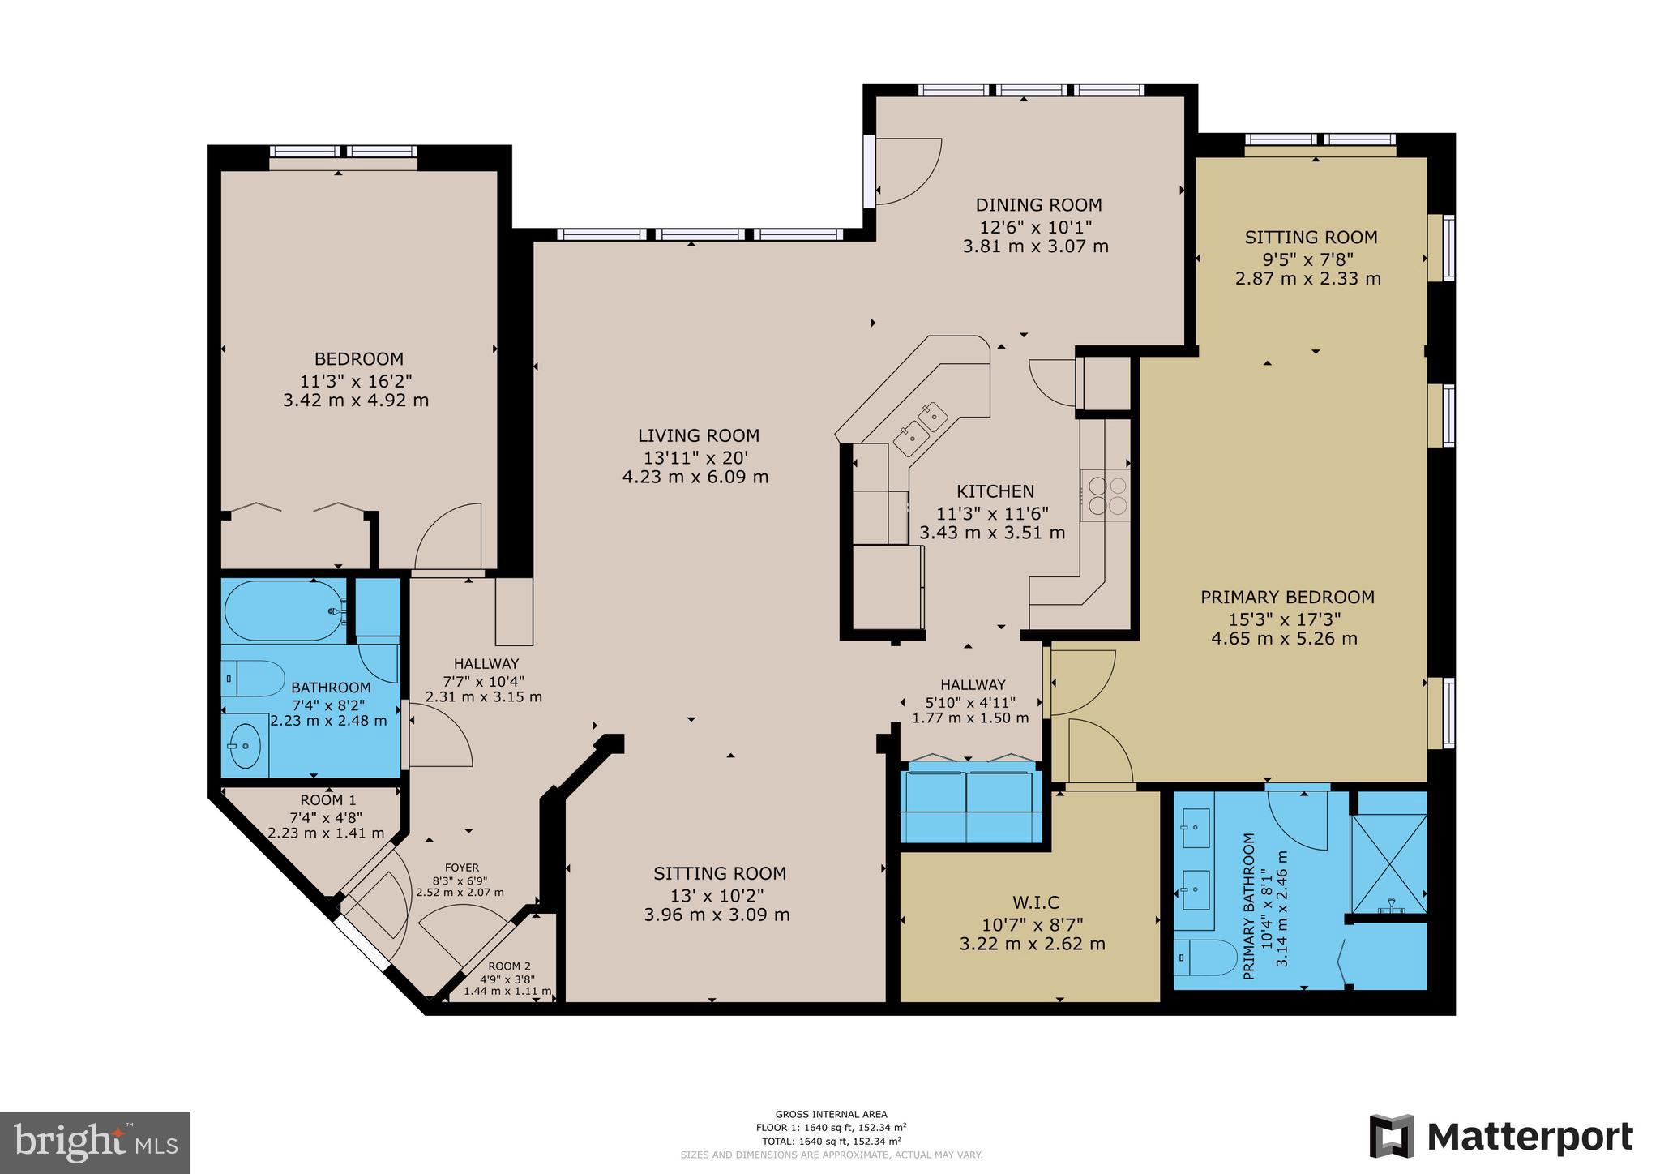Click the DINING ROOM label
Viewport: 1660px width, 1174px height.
pos(1038,205)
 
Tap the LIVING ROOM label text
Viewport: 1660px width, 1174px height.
pos(698,435)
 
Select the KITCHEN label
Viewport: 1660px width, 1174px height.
pos(995,491)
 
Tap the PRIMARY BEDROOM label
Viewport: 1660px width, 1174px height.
pos(1286,598)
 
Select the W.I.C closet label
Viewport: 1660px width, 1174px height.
pos(1035,902)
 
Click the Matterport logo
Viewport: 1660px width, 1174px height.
pos(1501,1137)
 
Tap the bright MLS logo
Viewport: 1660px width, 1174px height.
pos(95,1142)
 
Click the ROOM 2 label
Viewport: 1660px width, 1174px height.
pos(509,966)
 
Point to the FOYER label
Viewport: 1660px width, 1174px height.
pos(461,868)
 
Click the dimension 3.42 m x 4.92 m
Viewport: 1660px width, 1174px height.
pos(356,401)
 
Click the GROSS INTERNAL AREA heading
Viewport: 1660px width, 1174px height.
pos(831,1114)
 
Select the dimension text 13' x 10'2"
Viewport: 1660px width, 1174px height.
pos(717,894)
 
